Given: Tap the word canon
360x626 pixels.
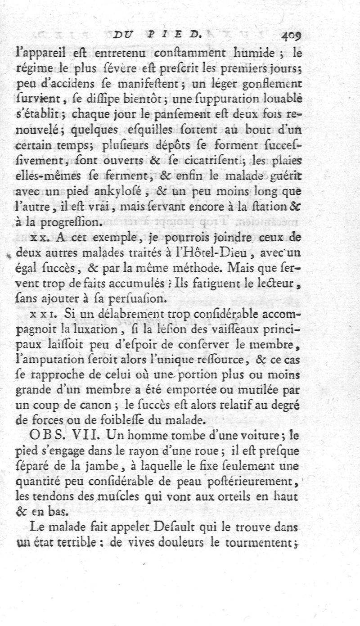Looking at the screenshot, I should tap(106, 405).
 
